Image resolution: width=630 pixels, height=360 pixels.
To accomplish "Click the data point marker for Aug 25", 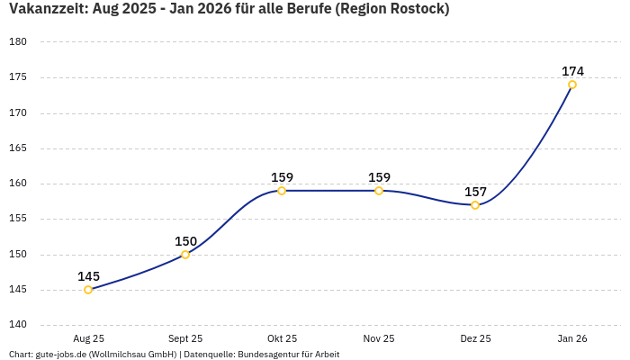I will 88,290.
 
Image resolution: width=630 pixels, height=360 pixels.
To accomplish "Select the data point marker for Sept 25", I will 185,255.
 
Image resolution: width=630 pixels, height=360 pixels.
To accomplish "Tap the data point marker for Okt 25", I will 282,191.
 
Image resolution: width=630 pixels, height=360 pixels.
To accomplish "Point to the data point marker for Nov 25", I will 379,191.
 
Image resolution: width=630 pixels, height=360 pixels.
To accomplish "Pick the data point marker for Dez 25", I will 475,205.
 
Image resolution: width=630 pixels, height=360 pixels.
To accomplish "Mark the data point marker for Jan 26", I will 572,85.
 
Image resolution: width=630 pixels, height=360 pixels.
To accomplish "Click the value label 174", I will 572,71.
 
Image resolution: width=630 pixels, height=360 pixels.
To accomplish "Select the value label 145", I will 88,276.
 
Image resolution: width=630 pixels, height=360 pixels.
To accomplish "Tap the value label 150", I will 185,241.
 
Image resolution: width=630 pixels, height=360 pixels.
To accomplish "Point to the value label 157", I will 475,192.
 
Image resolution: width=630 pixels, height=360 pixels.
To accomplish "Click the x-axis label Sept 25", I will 185,338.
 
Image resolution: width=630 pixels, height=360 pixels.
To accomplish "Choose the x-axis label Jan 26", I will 572,338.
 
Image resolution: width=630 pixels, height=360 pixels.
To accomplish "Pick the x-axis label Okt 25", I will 282,338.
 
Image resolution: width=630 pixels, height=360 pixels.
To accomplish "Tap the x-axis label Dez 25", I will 475,338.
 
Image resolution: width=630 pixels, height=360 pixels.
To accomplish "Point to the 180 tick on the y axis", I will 18,42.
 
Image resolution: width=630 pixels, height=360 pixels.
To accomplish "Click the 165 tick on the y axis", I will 18,148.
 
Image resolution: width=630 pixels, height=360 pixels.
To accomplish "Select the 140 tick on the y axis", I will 18,325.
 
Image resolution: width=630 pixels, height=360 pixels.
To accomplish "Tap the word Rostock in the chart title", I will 416,9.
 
